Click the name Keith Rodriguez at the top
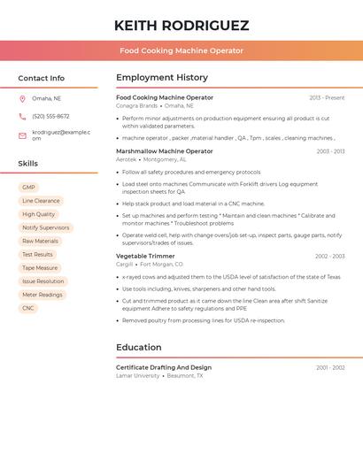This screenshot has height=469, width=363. pos(181,26)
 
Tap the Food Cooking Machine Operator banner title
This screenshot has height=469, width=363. pos(181,50)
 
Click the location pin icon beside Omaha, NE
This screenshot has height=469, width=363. pos(22,98)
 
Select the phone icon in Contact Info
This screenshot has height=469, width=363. pos(22,116)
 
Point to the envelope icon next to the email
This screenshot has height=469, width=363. pos(22,135)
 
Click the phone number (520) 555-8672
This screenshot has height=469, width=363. pos(50,116)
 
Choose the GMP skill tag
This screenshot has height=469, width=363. pos(28,188)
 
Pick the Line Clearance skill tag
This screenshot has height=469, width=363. pos(41,201)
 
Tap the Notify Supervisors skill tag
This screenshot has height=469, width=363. pos(45,227)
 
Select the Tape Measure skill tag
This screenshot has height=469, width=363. pos(40,268)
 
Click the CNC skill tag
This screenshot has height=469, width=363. pos(28,308)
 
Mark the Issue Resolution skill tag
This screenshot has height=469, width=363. pos(42,281)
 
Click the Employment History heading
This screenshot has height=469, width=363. pos(162,78)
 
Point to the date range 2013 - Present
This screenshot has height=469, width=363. pos(327,97)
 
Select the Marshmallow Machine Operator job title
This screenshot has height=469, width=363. pos(165,151)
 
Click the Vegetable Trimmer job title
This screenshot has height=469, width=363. pos(145,256)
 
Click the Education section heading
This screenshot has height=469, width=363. pos(140,348)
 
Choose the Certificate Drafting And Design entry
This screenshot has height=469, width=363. pos(164,367)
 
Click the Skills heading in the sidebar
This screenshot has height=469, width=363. pos(28,164)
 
